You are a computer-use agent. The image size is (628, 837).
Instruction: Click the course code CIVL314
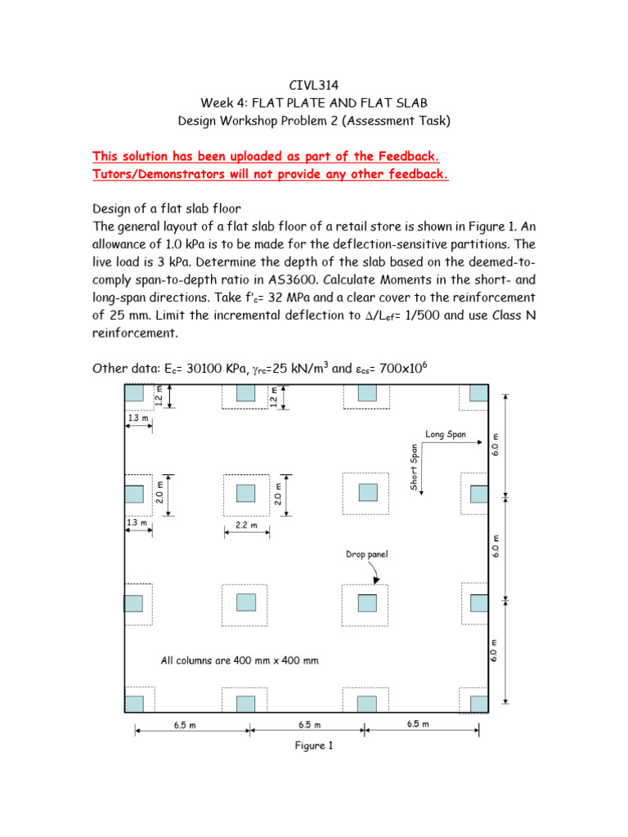313,83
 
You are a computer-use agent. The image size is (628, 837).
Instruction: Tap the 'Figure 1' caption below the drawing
313,745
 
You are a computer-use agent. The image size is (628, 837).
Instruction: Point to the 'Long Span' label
446,434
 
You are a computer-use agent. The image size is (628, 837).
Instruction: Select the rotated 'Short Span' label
415,468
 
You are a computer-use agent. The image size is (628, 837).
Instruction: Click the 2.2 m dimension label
247,526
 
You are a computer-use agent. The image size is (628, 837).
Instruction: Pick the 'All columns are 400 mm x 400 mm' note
240,660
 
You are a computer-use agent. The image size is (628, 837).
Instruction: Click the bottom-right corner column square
479,703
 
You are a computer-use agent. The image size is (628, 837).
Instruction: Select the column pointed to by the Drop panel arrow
367,602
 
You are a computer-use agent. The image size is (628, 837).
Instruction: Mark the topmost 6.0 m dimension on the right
496,445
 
